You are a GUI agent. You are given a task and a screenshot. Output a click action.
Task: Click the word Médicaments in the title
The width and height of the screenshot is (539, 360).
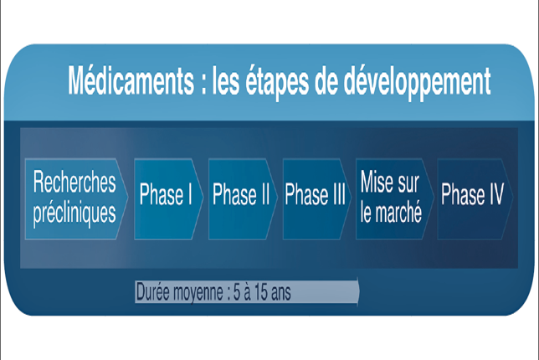pyautogui.click(x=131, y=80)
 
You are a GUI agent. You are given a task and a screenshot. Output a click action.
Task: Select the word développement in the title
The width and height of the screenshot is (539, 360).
pyautogui.click(x=418, y=83)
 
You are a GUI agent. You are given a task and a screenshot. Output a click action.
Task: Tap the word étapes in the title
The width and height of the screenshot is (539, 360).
pyautogui.click(x=277, y=83)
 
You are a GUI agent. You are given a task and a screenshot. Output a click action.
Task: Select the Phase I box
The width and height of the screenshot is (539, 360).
pyautogui.click(x=168, y=198)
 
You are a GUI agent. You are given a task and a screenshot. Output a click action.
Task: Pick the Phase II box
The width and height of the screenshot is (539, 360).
pyautogui.click(x=243, y=198)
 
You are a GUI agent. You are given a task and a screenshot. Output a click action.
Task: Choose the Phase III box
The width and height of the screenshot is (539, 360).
pyautogui.click(x=317, y=198)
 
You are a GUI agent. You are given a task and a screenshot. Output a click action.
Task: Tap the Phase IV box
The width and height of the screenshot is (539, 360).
pyautogui.click(x=475, y=198)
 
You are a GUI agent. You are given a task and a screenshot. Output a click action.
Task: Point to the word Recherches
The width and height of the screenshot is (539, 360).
pyautogui.click(x=74, y=182)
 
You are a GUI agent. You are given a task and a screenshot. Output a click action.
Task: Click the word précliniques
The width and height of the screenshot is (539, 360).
pyautogui.click(x=74, y=213)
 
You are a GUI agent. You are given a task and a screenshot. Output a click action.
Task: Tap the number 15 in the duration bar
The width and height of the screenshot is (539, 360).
pyautogui.click(x=260, y=292)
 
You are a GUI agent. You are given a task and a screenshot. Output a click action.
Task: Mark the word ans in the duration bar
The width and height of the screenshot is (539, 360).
pyautogui.click(x=281, y=293)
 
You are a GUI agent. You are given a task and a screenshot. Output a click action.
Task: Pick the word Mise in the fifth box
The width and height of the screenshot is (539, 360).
pyautogui.click(x=375, y=182)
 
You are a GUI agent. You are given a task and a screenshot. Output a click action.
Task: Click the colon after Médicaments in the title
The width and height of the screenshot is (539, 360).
pyautogui.click(x=203, y=85)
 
